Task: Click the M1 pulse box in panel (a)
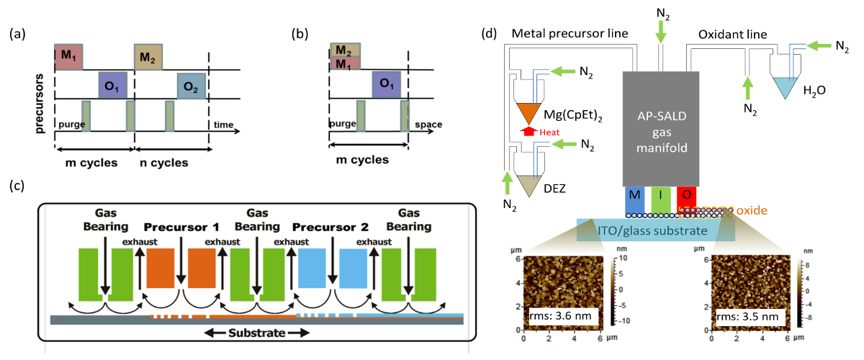(x=69, y=57)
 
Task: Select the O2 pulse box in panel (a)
(x=192, y=86)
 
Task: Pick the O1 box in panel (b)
(x=386, y=84)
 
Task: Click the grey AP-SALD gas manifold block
(x=660, y=127)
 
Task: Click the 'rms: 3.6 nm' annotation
(x=557, y=315)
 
